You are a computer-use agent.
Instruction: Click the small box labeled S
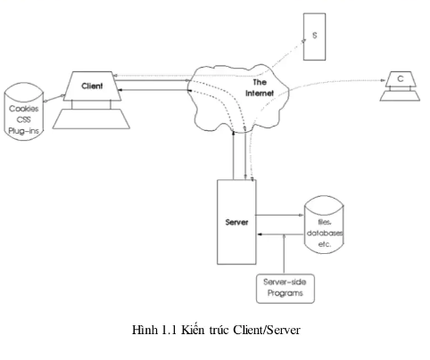(315, 36)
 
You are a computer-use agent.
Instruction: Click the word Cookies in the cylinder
(23, 109)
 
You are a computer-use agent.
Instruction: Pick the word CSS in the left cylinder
(23, 119)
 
